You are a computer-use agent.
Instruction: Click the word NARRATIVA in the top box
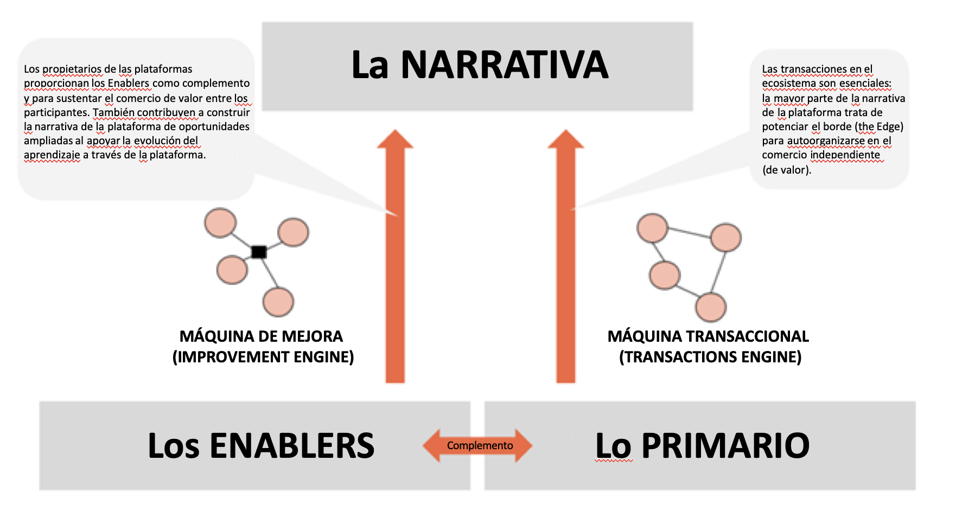[x=505, y=65]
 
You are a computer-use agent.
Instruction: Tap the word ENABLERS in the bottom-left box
[x=292, y=446]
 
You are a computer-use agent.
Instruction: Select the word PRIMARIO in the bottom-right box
[x=725, y=446]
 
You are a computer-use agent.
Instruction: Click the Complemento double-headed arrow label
[x=480, y=445]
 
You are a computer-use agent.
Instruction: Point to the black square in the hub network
[x=259, y=252]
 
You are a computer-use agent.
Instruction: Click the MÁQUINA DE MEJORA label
[x=261, y=336]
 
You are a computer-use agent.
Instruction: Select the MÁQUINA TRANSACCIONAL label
[x=708, y=336]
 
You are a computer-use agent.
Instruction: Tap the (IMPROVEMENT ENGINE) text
[x=263, y=357]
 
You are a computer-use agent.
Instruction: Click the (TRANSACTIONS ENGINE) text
[x=710, y=357]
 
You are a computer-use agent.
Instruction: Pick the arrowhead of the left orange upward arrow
[x=395, y=139]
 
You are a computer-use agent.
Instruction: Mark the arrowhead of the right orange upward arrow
[x=566, y=139]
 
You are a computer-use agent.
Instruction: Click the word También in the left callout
[x=113, y=112]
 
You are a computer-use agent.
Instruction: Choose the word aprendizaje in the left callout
[x=52, y=155]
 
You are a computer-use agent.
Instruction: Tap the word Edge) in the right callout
[x=890, y=127]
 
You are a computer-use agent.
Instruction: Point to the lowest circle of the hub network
[x=278, y=302]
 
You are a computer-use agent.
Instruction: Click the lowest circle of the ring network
[x=711, y=308]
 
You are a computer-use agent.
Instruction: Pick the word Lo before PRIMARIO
[x=614, y=446]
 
